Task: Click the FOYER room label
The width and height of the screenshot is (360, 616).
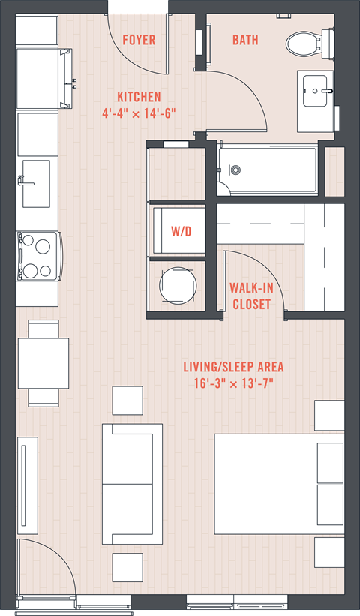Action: pos(139,40)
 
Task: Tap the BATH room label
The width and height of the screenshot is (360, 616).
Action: pos(245,40)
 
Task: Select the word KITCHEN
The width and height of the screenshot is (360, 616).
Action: pos(139,97)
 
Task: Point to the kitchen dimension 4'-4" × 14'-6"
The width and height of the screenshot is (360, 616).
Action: pos(139,113)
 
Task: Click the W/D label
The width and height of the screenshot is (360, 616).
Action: pos(181,231)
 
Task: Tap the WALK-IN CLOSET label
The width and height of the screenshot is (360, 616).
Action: pos(251,296)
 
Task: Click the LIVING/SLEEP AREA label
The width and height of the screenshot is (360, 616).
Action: pos(233,367)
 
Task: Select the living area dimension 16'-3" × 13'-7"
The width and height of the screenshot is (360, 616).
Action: pos(233,383)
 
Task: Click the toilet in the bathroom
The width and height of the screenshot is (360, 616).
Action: pos(310,43)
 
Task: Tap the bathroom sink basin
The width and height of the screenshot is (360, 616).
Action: pos(315,91)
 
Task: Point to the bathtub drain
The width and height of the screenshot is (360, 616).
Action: pos(235,170)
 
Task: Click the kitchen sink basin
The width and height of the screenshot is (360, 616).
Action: pos(36,184)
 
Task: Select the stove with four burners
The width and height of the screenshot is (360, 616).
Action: pos(38,256)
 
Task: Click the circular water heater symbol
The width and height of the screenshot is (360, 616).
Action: pos(178,286)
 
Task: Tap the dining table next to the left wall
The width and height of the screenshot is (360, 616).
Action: pos(43,363)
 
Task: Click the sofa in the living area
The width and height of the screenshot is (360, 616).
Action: pos(132,484)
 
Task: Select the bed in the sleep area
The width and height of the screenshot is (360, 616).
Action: pos(279,484)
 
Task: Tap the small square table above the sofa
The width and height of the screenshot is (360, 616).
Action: pos(127,401)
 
